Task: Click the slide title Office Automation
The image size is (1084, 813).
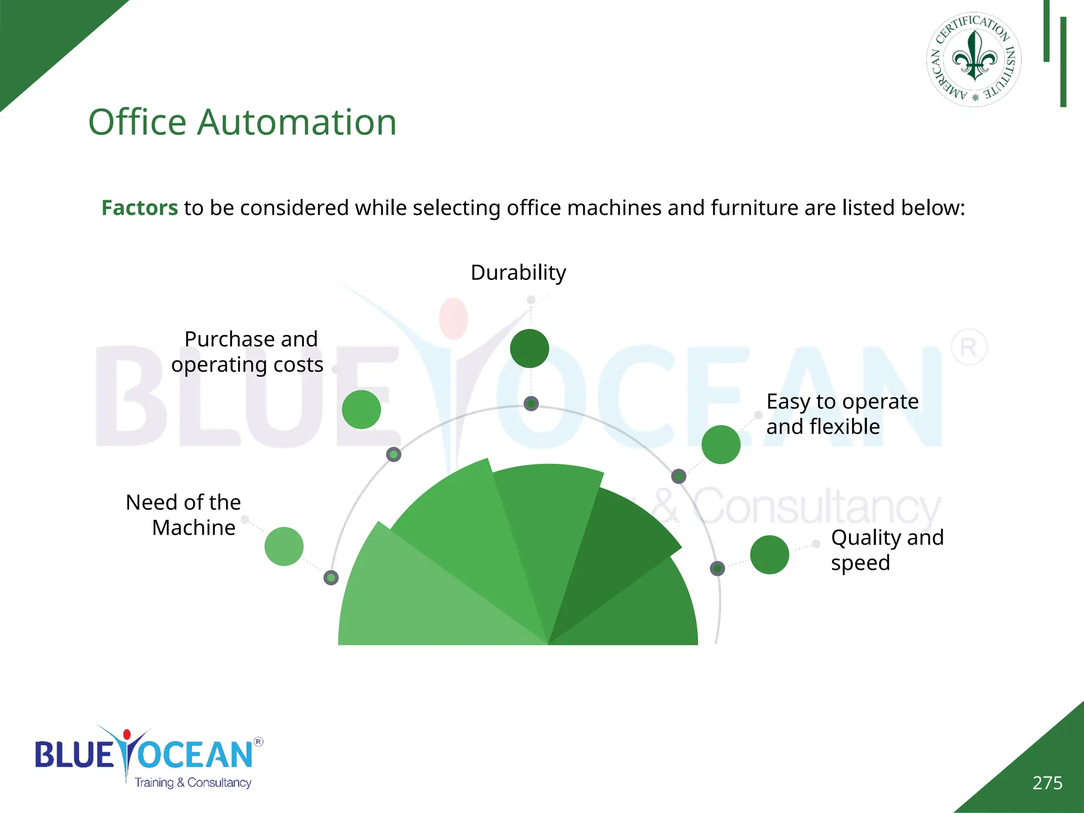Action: [242, 122]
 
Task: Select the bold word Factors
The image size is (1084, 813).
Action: [140, 208]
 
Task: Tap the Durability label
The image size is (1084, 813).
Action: [518, 273]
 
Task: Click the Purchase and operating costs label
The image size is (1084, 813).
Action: [247, 352]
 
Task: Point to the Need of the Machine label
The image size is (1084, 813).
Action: [184, 514]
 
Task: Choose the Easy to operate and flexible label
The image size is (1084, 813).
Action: [842, 414]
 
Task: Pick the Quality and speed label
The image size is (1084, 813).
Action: [887, 550]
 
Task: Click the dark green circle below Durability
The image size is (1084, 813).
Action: [529, 348]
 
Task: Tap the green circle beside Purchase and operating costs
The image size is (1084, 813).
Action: [362, 409]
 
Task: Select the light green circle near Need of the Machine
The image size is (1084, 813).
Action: [284, 546]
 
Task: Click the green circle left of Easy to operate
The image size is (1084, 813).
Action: [721, 444]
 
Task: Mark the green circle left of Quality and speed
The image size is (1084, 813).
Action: [770, 554]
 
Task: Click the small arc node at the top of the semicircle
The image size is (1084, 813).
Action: [531, 404]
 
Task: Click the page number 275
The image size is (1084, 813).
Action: [1047, 783]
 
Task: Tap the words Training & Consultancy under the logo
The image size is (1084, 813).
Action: [193, 783]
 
